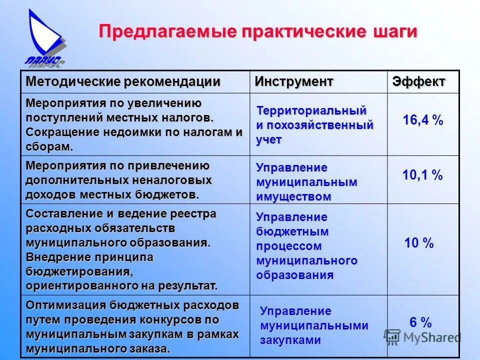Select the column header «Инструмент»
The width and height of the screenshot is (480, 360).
[x=294, y=81]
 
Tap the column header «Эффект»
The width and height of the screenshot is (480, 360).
[x=418, y=81]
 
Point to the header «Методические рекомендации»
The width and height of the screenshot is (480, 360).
[x=123, y=81]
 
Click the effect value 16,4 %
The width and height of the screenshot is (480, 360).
[x=423, y=120]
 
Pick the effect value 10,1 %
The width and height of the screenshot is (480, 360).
[x=422, y=175]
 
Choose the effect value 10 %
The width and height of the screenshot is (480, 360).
[x=419, y=243]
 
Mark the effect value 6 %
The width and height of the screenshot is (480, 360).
[x=420, y=322]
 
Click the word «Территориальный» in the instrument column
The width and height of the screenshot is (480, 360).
[x=311, y=110]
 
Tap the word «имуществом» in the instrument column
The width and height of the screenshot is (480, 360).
[x=293, y=196]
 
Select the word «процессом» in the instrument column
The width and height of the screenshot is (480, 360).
[x=288, y=246]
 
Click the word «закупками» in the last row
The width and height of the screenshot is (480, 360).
[x=290, y=340]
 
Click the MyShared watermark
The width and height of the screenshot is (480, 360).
[x=422, y=337]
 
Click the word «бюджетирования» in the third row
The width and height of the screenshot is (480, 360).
[x=79, y=272]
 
